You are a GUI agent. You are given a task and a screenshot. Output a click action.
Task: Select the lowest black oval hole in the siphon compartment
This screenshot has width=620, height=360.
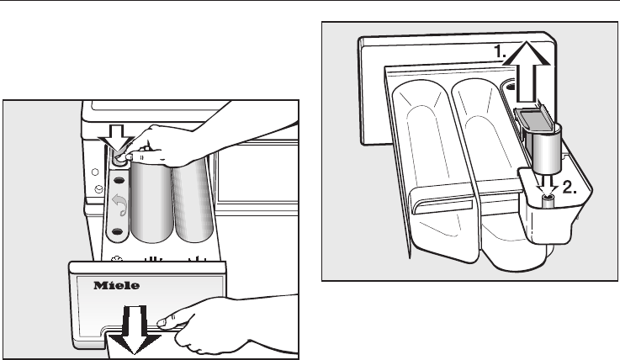[119, 231]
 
